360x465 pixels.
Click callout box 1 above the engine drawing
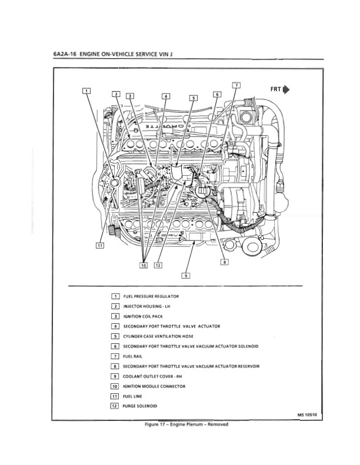(x=86, y=91)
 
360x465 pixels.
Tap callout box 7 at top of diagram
(x=236, y=85)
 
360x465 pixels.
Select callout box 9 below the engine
(x=185, y=275)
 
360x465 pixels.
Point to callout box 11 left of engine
(x=99, y=245)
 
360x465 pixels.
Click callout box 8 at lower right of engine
(x=224, y=262)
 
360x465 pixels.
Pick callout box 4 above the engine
(x=166, y=96)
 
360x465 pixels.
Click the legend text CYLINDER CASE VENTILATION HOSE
(x=158, y=336)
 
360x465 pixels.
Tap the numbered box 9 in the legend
(x=115, y=376)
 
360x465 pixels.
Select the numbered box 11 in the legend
(x=115, y=396)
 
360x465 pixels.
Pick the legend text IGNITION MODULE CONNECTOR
(x=154, y=386)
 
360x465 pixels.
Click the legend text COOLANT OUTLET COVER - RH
(x=152, y=376)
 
